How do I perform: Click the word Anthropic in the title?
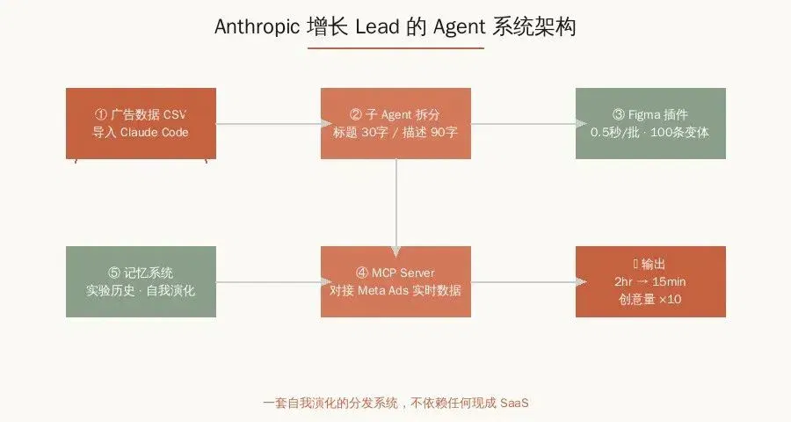point(257,26)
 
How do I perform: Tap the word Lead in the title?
point(377,26)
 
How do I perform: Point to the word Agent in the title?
point(459,27)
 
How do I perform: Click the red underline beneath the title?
point(396,48)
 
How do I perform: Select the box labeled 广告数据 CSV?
point(142,124)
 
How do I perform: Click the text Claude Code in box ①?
point(155,132)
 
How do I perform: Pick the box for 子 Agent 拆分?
point(396,124)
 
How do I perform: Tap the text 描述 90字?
point(430,132)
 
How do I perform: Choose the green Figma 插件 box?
point(650,124)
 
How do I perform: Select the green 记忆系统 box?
point(142,281)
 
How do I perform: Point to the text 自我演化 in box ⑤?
point(171,291)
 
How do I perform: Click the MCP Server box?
point(396,281)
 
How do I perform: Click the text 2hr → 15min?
point(650,281)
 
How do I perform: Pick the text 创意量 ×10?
point(650,299)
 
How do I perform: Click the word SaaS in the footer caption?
point(514,403)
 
